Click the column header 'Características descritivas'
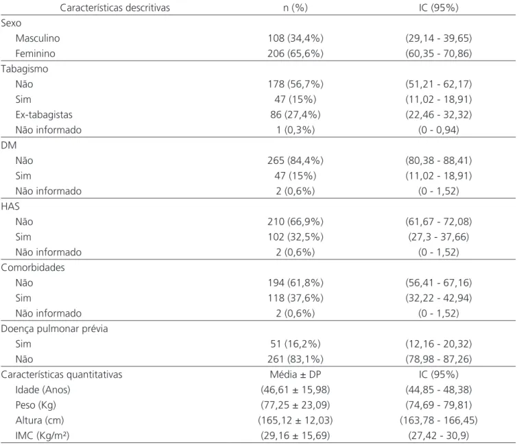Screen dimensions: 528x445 (x=115, y=8)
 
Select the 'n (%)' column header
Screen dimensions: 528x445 (x=296, y=8)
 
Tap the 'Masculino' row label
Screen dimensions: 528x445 (x=38, y=38)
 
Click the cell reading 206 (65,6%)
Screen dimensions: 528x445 (x=296, y=53)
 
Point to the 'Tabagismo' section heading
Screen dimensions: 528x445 (x=25, y=69)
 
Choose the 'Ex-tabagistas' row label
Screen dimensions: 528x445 (x=44, y=115)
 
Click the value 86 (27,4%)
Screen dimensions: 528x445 (x=296, y=115)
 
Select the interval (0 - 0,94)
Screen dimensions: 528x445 (x=438, y=130)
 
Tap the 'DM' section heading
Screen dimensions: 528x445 (x=9, y=145)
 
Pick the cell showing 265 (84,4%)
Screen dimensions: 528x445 (x=296, y=160)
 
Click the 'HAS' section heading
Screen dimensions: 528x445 (x=10, y=206)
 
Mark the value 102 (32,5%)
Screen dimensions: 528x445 (x=296, y=237)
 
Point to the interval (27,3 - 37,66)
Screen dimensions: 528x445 (x=438, y=237)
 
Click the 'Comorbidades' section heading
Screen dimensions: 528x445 (x=33, y=267)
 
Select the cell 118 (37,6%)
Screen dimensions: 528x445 (x=296, y=298)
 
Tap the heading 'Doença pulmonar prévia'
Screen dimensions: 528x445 (x=55, y=328)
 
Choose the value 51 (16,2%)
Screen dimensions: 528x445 (x=296, y=344)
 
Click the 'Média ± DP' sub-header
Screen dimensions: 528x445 (x=296, y=374)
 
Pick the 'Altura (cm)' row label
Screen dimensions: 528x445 (x=40, y=420)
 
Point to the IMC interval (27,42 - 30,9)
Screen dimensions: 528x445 (x=438, y=435)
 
